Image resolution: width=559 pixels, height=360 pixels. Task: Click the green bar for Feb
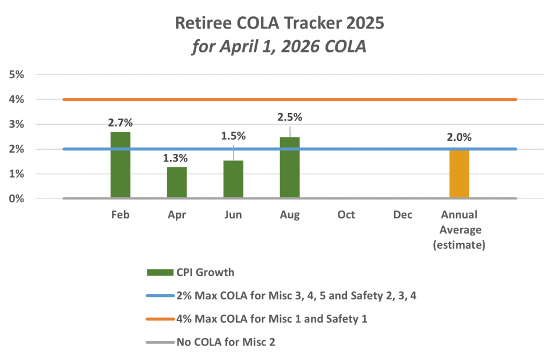click(x=121, y=165)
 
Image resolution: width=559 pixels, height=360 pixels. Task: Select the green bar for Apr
click(x=177, y=183)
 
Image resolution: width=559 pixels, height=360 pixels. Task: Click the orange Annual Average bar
click(x=459, y=174)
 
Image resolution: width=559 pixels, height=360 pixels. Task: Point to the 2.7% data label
click(x=121, y=123)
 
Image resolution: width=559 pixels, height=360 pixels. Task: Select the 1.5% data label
click(x=233, y=136)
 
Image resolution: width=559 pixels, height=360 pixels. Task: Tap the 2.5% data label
click(x=290, y=117)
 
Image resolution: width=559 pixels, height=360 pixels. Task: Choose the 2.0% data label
click(x=459, y=137)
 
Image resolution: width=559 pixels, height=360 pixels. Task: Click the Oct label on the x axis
click(x=346, y=215)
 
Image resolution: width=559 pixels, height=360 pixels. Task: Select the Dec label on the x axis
click(x=402, y=215)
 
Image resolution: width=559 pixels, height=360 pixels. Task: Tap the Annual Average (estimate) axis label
click(x=459, y=230)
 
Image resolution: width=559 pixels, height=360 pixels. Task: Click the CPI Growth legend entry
click(x=192, y=272)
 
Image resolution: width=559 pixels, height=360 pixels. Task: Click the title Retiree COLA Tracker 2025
click(x=279, y=24)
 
